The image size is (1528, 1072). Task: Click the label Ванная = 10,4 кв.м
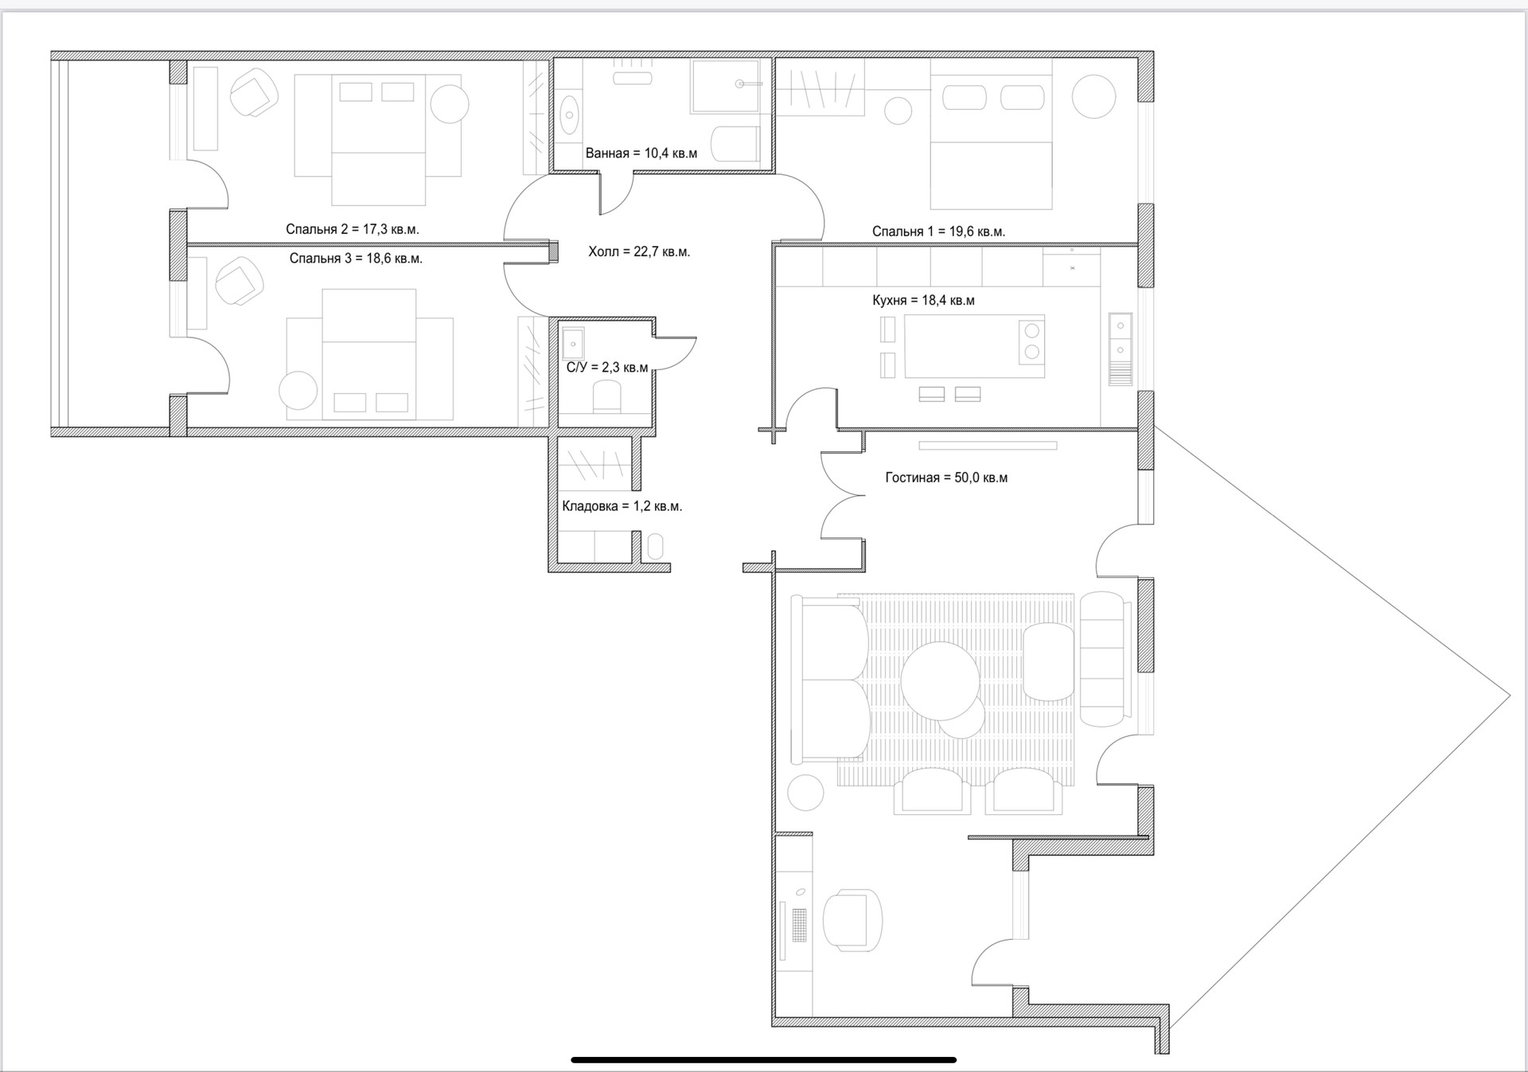coord(641,154)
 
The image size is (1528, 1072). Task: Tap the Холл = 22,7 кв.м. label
coord(639,252)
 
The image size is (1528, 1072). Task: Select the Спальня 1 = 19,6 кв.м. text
coord(938,232)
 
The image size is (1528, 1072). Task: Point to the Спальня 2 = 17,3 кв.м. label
coord(353,229)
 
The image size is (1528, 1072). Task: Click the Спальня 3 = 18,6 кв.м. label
coord(356,259)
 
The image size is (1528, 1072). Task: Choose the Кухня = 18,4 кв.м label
coord(923,301)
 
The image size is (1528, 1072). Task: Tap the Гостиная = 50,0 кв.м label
coord(946,478)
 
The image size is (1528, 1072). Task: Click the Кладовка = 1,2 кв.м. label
coord(622,506)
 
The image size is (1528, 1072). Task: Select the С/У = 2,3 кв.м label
coord(607,368)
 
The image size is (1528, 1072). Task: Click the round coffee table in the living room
coord(939,680)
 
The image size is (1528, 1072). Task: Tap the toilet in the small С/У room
coord(606,396)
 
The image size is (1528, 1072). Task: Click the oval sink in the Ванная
coord(569,116)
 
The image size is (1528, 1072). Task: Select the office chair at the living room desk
coord(852,920)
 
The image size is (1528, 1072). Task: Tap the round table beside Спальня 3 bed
coord(298,392)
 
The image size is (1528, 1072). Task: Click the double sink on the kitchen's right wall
coord(1121,337)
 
